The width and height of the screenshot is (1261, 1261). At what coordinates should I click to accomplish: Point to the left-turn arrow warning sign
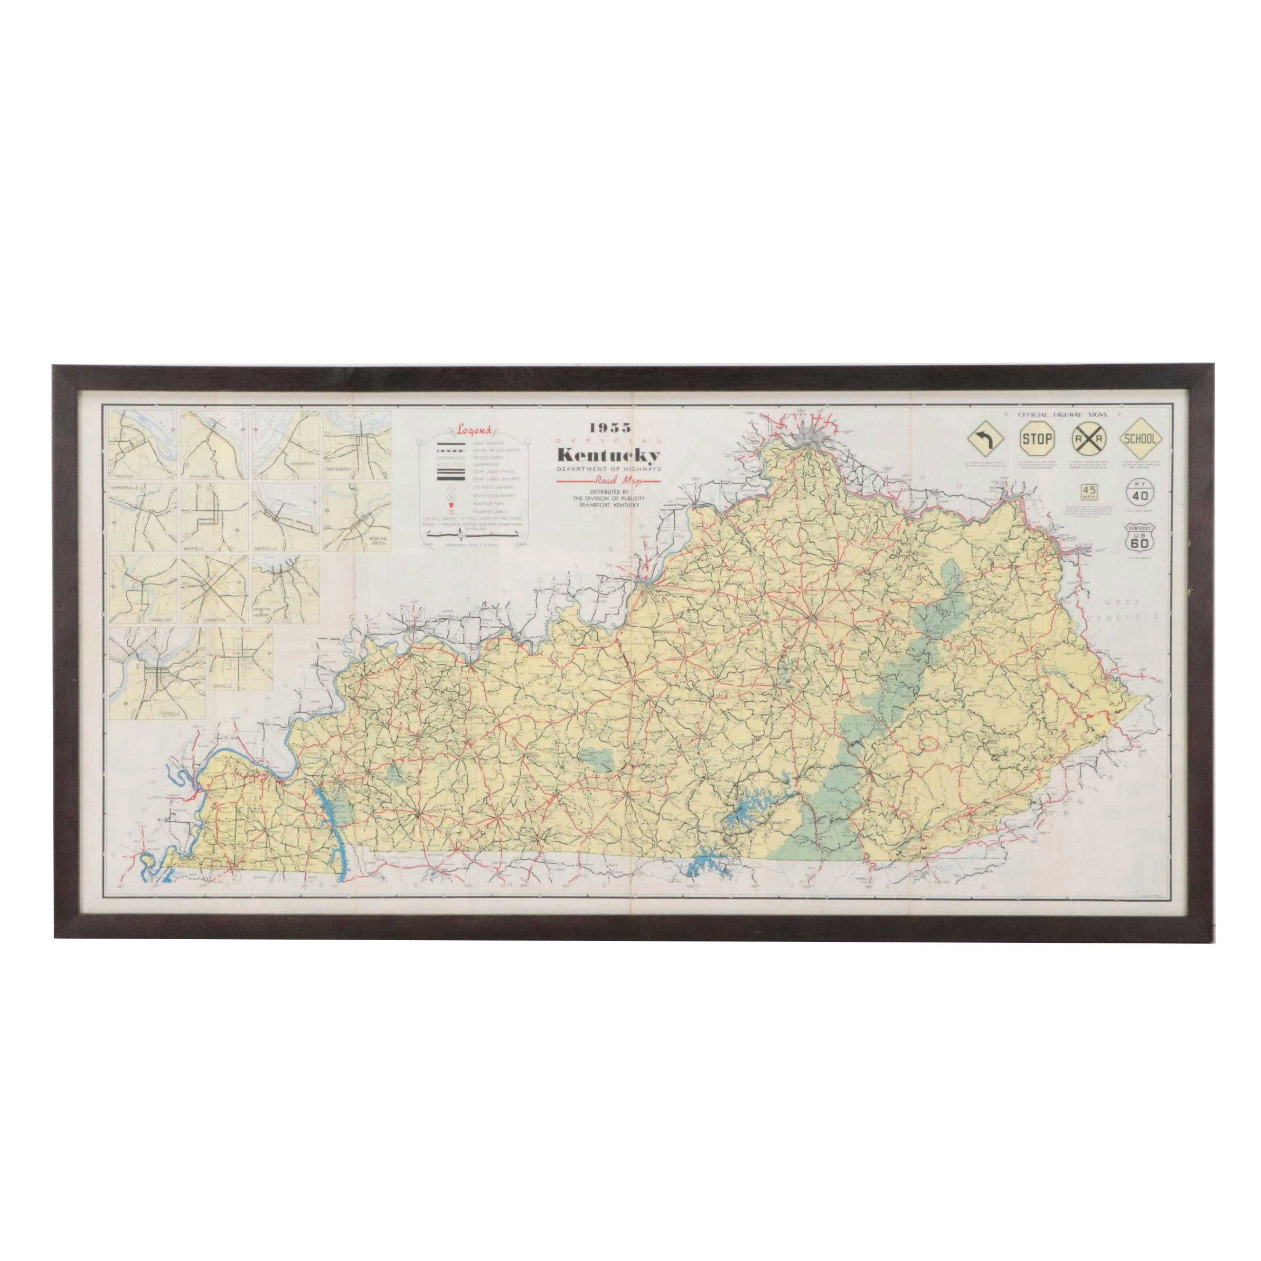pos(984,441)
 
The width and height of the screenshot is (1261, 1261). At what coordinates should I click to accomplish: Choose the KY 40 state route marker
pos(1140,491)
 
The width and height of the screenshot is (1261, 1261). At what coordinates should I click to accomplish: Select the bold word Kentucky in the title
pos(608,455)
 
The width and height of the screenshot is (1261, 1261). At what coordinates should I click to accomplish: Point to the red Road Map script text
pos(608,482)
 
